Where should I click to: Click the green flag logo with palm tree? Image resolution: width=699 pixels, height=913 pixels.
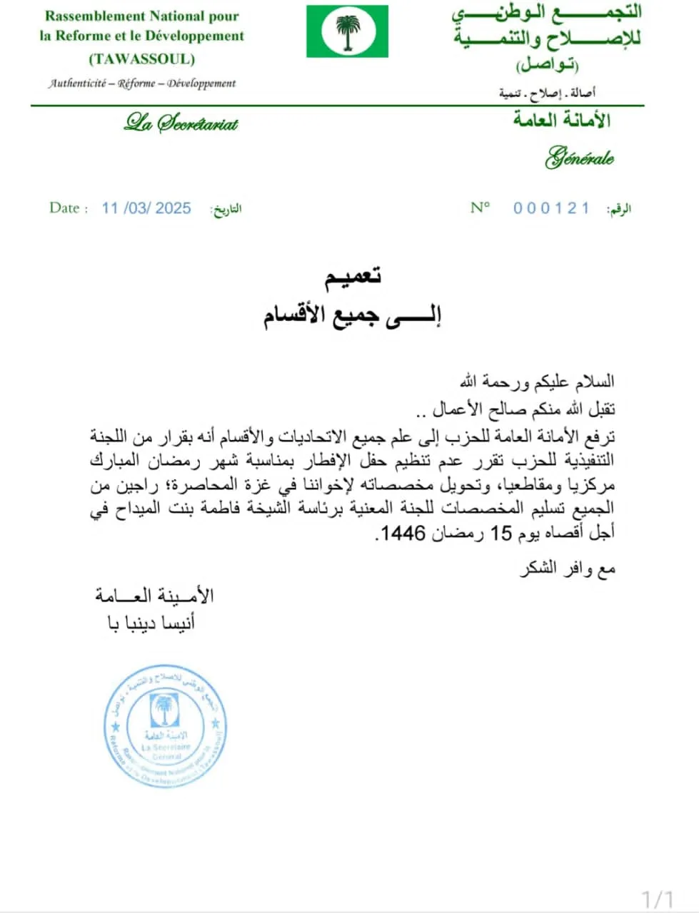pyautogui.click(x=348, y=31)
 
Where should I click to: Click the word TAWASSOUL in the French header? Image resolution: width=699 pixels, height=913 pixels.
pyautogui.click(x=142, y=58)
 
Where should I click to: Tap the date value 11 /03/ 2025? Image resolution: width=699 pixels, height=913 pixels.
pyautogui.click(x=146, y=208)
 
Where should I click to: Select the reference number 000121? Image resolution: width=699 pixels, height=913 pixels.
pyautogui.click(x=551, y=208)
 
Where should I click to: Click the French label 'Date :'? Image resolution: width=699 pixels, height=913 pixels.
pyautogui.click(x=69, y=208)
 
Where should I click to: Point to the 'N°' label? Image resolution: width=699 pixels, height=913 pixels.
pyautogui.click(x=480, y=208)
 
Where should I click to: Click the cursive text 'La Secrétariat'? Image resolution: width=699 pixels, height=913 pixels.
pyautogui.click(x=181, y=123)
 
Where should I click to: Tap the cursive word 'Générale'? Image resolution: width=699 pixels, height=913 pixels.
pyautogui.click(x=580, y=158)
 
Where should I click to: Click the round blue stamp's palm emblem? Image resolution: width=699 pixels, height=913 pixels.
pyautogui.click(x=165, y=710)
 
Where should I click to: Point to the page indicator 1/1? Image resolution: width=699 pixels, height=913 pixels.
pyautogui.click(x=658, y=899)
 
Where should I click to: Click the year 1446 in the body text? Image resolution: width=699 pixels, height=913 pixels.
pyautogui.click(x=404, y=533)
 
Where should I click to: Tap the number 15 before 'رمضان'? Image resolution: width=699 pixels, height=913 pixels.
pyautogui.click(x=501, y=533)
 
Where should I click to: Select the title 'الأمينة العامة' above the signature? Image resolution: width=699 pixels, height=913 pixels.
pyautogui.click(x=154, y=595)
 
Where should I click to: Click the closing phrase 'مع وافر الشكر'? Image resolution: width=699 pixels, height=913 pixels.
pyautogui.click(x=568, y=569)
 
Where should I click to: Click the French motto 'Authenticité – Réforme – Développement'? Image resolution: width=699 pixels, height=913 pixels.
pyautogui.click(x=142, y=83)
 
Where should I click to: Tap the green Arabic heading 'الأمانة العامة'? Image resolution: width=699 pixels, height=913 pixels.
pyautogui.click(x=562, y=120)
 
